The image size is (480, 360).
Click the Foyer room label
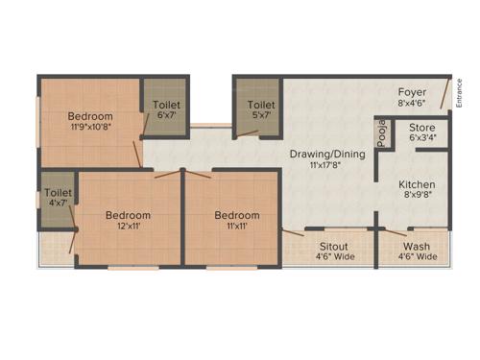[x=412, y=92]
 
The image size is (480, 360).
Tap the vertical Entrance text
[x=459, y=92]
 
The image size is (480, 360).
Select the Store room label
[x=422, y=127]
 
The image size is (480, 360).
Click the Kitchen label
[x=418, y=184]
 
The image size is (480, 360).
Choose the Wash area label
[x=416, y=247]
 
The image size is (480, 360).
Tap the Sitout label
[x=334, y=247]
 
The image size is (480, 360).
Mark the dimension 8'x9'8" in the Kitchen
[x=418, y=196]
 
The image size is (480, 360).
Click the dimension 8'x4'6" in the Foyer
[x=412, y=104]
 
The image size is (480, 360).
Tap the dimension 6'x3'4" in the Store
[x=422, y=137]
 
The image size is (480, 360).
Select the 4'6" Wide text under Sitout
[x=334, y=257]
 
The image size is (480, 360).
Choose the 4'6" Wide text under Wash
[x=416, y=257]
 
